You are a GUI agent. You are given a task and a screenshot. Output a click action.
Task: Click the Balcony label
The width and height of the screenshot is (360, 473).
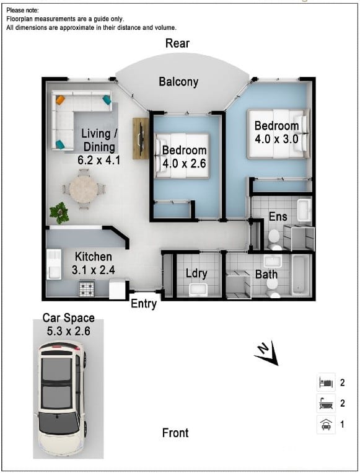pyautogui.click(x=178, y=82)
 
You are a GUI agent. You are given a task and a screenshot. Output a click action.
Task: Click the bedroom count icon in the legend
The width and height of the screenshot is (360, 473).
pyautogui.click(x=326, y=382)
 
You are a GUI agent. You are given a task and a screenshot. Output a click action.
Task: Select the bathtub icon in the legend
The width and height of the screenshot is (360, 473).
pyautogui.click(x=326, y=404)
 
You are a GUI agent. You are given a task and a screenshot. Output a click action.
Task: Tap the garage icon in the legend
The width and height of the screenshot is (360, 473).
pyautogui.click(x=326, y=425)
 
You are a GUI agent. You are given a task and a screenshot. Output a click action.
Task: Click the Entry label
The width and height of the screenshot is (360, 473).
pyautogui.click(x=144, y=304)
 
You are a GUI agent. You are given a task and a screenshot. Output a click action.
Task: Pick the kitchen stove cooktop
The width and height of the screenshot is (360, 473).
pyautogui.click(x=86, y=288)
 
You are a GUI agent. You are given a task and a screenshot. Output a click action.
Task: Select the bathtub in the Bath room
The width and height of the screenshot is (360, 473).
pyautogui.click(x=299, y=274)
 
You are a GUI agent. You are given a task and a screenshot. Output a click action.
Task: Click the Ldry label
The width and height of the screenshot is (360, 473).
pyautogui.click(x=196, y=274)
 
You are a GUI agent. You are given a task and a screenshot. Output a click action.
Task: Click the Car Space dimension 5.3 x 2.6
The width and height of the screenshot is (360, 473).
pyautogui.click(x=69, y=331)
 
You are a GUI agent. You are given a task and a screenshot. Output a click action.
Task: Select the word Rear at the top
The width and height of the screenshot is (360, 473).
pyautogui.click(x=177, y=43)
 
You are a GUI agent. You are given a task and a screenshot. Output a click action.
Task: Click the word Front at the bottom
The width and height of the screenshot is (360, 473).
pyautogui.click(x=175, y=433)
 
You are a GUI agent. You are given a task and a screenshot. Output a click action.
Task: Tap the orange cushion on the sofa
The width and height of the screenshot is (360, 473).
pyautogui.click(x=60, y=99)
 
